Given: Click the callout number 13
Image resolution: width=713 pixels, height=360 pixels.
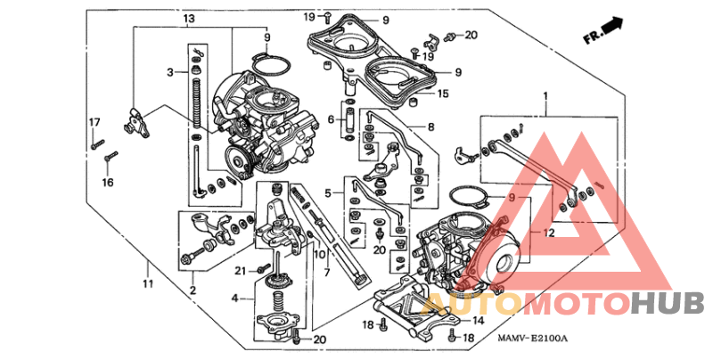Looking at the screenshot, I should [188, 19].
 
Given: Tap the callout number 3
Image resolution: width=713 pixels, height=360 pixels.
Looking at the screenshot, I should [169, 70].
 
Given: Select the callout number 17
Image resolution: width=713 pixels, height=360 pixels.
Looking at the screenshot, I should [93, 121].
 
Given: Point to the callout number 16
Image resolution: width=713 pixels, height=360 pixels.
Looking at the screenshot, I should [107, 183].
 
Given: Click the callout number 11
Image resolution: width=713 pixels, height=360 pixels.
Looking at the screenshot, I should [148, 283].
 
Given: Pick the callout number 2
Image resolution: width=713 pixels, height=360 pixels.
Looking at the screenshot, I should [192, 290].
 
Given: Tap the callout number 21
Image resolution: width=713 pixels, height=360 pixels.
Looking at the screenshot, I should [240, 270].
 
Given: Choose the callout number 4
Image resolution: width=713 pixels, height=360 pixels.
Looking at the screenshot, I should [235, 298].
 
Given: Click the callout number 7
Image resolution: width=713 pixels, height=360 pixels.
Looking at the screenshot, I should [326, 272].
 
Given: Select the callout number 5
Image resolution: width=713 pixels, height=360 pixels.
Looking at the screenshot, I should [327, 192].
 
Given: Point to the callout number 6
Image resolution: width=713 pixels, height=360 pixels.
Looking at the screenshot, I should [330, 119].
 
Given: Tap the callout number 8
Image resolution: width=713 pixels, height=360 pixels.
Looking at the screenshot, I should [430, 127].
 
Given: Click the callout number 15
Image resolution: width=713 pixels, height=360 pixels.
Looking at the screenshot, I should [443, 93].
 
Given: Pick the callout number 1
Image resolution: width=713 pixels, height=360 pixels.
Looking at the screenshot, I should [545, 94].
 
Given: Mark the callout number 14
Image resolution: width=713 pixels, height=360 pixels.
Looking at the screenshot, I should [479, 320].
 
